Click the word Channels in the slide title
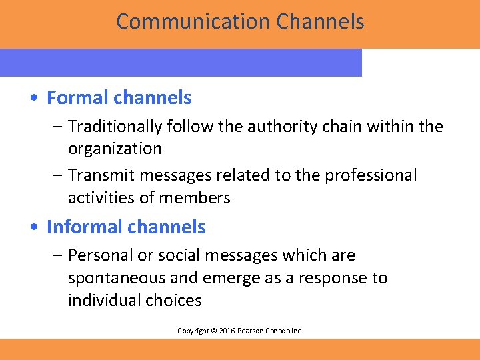click(320, 21)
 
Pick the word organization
click(115, 149)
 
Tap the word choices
click(176, 301)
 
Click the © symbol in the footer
click(213, 331)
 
